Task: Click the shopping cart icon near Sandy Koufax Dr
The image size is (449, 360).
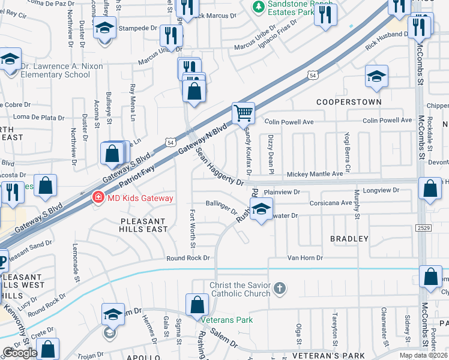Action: (x=244, y=112)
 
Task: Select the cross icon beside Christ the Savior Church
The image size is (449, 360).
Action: (x=279, y=289)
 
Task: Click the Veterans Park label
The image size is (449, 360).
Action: (x=226, y=320)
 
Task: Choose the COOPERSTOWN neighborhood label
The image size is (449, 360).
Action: (x=349, y=102)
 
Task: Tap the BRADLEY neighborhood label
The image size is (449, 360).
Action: (x=349, y=239)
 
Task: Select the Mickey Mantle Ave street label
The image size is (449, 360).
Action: (x=315, y=173)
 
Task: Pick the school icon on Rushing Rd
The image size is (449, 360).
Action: (x=261, y=209)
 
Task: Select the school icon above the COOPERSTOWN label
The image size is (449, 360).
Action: (x=376, y=76)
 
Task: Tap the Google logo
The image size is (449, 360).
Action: (x=20, y=353)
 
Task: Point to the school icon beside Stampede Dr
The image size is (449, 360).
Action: (x=105, y=28)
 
